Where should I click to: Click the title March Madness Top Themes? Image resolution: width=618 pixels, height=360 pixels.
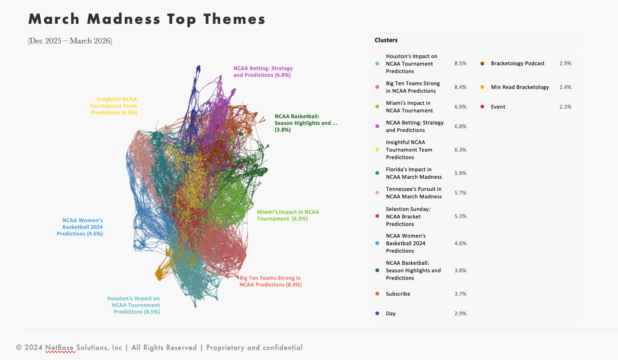pos(147,19)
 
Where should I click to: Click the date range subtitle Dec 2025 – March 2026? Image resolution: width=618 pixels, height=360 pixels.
pos(70,41)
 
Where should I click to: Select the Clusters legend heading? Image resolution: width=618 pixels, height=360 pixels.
pos(386,40)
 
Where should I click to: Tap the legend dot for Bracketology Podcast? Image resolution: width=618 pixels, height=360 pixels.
pos(482,64)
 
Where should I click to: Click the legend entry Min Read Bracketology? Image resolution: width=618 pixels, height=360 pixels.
pos(520,87)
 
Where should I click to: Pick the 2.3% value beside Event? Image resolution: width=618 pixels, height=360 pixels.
pos(565,107)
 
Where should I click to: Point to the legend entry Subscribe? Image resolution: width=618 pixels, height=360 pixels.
pos(398,294)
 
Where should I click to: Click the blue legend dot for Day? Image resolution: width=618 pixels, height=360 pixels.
pos(377,314)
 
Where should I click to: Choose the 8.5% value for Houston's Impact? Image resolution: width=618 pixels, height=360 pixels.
pos(460,64)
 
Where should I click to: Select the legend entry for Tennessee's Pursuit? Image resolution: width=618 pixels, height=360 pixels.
pos(414,193)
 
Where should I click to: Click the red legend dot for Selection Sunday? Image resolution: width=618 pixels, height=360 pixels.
pos(377,216)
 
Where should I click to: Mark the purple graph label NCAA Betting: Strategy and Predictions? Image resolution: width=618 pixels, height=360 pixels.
pos(263,71)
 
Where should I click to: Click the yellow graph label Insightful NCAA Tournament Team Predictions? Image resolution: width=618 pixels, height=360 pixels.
pos(113,106)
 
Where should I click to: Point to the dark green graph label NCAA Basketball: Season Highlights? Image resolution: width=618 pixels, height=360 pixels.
pos(305,123)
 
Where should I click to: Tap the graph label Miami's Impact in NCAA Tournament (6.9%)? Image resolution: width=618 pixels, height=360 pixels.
pos(288,215)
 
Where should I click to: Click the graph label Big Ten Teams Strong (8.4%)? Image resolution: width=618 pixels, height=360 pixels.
pos(270,281)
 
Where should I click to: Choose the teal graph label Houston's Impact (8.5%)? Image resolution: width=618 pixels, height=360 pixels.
pos(134,305)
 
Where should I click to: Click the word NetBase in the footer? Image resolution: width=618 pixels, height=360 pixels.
pos(60,347)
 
